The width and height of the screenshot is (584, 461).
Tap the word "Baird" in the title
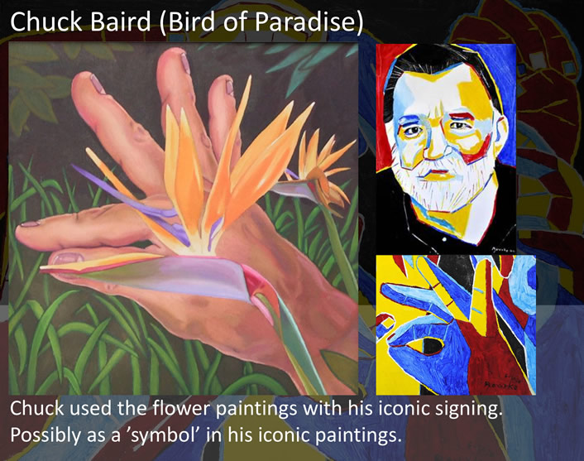pos(120,22)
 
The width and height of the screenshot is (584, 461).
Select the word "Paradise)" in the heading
pos(308,22)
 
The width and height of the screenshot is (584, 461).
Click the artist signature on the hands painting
pos(501,384)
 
